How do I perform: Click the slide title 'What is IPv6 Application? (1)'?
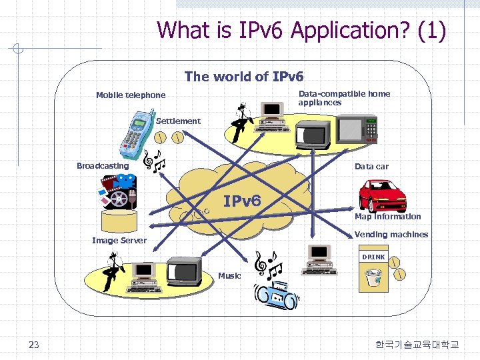(x=301, y=31)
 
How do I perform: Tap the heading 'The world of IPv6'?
(x=244, y=77)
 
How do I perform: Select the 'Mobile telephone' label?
(x=131, y=95)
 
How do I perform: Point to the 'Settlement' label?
(x=178, y=121)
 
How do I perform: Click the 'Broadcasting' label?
(x=103, y=166)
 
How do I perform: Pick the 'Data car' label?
(x=371, y=167)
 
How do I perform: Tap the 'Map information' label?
(x=387, y=217)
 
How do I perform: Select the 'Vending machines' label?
(x=391, y=235)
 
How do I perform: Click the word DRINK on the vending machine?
(x=373, y=257)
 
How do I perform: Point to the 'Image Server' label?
(x=119, y=240)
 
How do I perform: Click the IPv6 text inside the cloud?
(x=242, y=201)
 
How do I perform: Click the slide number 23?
(x=34, y=345)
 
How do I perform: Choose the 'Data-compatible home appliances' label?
(x=344, y=98)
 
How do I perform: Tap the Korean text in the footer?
(x=417, y=345)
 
